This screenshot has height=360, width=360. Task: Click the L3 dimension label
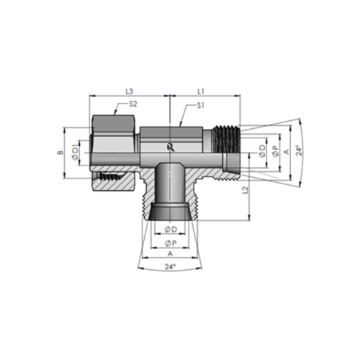click(130, 91)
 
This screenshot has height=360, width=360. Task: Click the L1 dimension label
click(201, 91)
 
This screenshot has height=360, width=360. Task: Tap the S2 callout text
click(132, 104)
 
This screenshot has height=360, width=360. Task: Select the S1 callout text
click(200, 106)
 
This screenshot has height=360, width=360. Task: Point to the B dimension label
click(61, 153)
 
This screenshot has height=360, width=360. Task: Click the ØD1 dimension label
click(75, 152)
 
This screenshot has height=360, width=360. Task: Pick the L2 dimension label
click(245, 190)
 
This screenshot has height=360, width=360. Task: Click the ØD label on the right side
click(263, 150)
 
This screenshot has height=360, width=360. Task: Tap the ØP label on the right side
click(276, 151)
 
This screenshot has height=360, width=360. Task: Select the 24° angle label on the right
click(299, 150)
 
